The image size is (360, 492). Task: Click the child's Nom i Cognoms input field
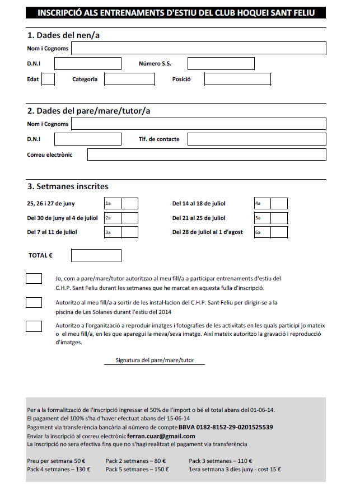point(198,49)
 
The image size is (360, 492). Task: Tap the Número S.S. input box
point(220,64)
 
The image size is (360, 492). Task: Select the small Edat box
point(48,79)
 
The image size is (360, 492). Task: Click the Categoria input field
point(129,79)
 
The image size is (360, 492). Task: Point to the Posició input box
point(237,79)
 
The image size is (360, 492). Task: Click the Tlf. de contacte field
point(257,139)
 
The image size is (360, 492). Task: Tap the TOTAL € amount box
point(96,255)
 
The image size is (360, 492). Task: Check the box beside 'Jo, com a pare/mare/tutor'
point(34,279)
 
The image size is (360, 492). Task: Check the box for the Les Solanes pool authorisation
point(34,303)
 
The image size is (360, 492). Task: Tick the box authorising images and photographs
point(34,326)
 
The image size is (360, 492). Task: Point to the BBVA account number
point(230,427)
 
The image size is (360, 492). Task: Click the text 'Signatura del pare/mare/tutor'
point(155,360)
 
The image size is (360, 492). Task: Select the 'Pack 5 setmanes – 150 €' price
point(137,470)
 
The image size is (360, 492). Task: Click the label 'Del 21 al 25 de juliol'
point(199,218)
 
